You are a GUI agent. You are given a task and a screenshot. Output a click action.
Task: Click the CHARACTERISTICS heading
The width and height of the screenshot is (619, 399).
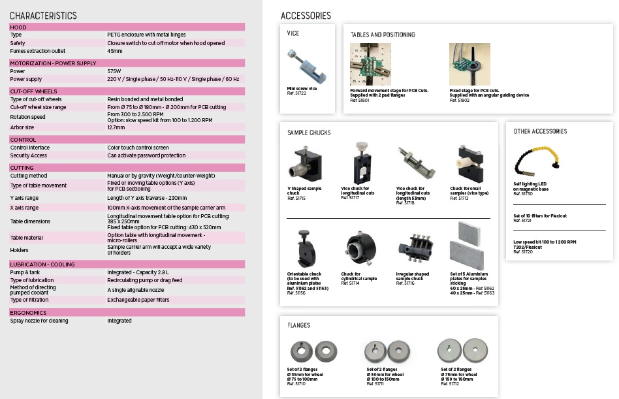pos(43,16)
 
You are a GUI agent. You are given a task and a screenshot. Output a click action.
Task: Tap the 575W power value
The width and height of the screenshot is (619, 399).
pos(114,71)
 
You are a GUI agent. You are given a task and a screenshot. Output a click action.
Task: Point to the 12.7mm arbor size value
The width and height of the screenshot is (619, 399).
pos(116,127)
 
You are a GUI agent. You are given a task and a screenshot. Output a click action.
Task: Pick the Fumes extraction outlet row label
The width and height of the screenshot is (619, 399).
pos(38,51)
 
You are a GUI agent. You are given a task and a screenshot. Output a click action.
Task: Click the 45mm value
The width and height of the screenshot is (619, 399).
pos(115,51)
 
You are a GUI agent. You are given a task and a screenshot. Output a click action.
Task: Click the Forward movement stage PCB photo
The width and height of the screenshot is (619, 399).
pos(370,64)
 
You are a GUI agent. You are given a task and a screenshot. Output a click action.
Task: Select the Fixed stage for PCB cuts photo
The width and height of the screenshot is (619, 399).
pos(469,64)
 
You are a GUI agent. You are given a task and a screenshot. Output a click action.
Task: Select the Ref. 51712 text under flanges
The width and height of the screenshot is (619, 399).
pos(450,384)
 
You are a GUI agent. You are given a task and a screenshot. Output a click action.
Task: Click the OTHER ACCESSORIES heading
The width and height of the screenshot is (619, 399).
pos(540,131)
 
